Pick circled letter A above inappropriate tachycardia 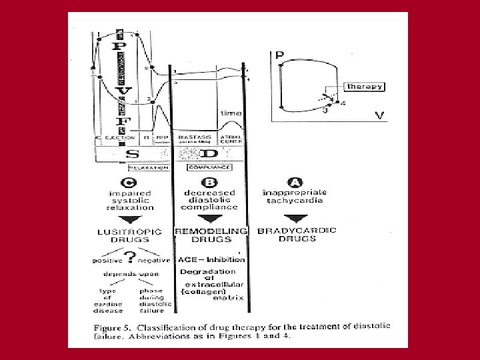[295, 182]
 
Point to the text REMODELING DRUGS [210, 235]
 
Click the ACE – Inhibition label [212, 259]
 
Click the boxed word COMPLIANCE [209, 167]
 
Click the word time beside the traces [231, 113]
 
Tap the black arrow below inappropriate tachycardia [295, 219]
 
